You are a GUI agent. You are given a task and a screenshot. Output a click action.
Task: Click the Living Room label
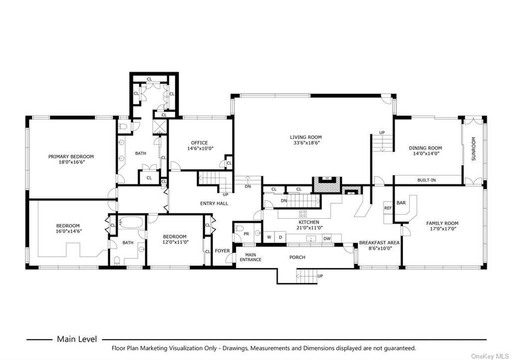(x=306, y=137)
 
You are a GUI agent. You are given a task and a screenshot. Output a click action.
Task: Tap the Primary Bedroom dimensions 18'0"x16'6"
(x=71, y=162)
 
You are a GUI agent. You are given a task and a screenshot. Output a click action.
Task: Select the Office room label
(x=200, y=143)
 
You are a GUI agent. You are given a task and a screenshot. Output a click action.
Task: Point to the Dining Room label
(x=425, y=148)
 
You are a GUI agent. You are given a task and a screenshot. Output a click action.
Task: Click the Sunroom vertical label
(x=474, y=149)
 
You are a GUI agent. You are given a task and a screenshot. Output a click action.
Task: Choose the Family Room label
(x=442, y=223)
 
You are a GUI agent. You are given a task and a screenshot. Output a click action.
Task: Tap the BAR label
(x=401, y=203)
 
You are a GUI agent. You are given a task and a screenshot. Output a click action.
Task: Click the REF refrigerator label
(x=388, y=208)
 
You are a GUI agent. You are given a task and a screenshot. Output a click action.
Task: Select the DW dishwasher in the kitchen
(x=327, y=239)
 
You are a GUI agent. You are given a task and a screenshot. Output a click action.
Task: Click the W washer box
(x=269, y=237)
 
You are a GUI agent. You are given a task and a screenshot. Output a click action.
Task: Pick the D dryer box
(x=280, y=237)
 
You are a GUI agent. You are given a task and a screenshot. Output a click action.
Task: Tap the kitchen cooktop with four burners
(x=303, y=214)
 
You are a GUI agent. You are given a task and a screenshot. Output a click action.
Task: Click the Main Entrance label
(x=251, y=257)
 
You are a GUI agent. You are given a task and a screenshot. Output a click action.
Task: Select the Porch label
(x=297, y=257)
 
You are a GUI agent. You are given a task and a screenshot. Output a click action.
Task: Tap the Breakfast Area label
(x=379, y=243)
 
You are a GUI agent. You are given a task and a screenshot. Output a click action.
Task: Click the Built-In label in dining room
(x=427, y=180)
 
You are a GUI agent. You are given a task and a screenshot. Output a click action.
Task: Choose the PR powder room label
(x=247, y=234)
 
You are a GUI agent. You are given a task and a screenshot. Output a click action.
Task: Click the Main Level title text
(x=77, y=339)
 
